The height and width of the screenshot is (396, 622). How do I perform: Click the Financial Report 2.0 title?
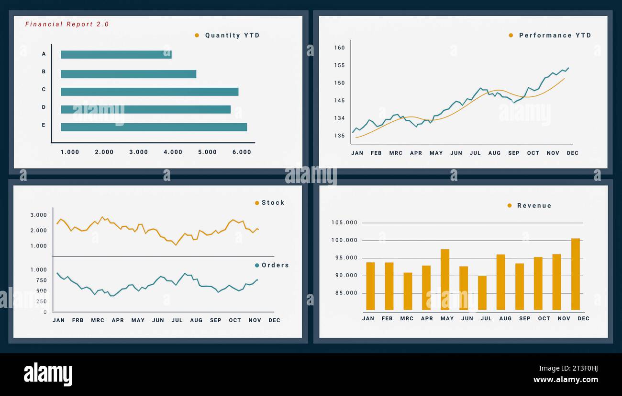click(x=67, y=24)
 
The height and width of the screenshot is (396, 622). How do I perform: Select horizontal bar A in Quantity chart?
click(x=116, y=55)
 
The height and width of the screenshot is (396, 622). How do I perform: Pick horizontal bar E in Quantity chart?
click(x=154, y=127)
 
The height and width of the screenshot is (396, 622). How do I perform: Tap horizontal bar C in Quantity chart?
click(x=149, y=92)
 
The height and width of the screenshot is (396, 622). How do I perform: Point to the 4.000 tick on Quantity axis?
click(x=173, y=152)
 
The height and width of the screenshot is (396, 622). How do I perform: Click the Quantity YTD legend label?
click(x=232, y=35)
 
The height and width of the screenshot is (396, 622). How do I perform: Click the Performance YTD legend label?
click(x=555, y=35)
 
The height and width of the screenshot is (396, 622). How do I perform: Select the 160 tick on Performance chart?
click(x=339, y=48)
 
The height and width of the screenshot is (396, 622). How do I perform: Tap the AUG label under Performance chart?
click(x=494, y=153)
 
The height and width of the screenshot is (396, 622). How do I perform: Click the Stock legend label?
click(x=273, y=203)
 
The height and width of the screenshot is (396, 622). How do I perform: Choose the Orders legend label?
click(x=275, y=265)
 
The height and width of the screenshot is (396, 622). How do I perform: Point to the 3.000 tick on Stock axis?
click(x=38, y=215)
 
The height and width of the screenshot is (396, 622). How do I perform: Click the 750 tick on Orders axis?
click(x=41, y=280)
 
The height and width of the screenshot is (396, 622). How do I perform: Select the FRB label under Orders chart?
click(x=78, y=320)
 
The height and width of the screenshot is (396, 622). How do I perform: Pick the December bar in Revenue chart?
click(x=575, y=274)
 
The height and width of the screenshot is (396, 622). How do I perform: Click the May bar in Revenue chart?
click(x=445, y=280)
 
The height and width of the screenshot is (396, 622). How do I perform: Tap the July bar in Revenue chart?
click(x=482, y=293)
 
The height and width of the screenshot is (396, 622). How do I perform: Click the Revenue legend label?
click(x=534, y=206)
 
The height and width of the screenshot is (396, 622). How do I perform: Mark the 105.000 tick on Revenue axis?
click(x=344, y=223)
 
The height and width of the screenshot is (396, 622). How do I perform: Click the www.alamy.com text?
click(x=566, y=380)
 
